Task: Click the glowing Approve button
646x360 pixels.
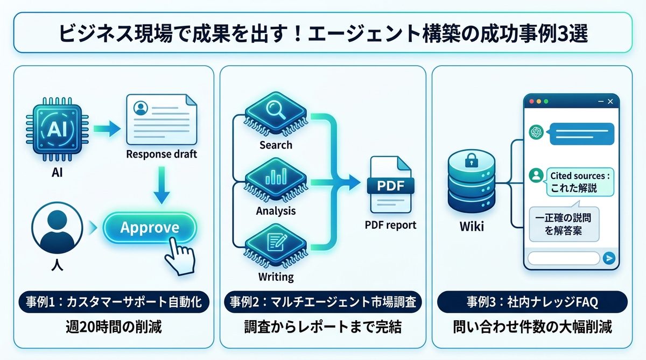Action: [150, 228]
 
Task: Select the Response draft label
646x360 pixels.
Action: [161, 155]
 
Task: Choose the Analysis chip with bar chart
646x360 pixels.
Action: [276, 179]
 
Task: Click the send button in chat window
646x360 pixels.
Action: [609, 258]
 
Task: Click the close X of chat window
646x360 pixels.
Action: [610, 101]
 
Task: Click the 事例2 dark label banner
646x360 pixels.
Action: [322, 302]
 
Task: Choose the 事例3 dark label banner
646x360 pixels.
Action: [531, 302]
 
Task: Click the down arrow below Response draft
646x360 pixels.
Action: [161, 186]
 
